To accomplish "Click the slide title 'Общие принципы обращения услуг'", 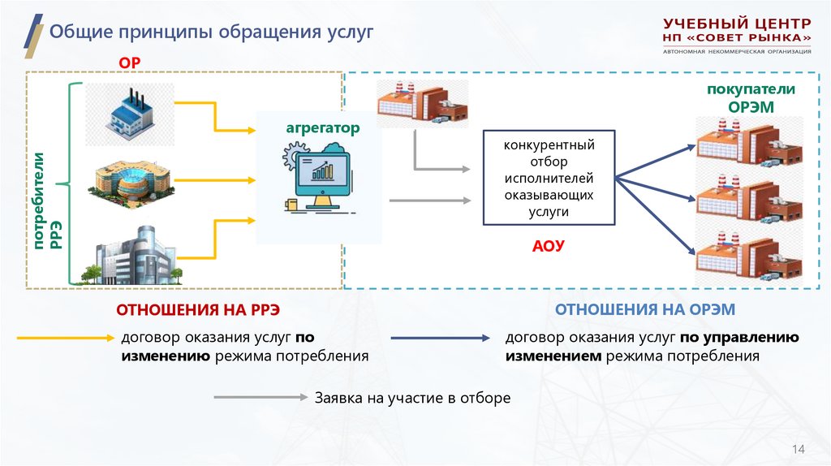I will click(211, 32).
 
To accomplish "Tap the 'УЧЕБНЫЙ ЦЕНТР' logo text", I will click(736, 24).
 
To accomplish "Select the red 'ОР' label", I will click(130, 62).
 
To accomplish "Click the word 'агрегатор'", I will click(321, 127).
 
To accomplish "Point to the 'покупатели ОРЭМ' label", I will click(750, 97).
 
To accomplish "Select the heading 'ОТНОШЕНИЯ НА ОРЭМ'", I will click(645, 309).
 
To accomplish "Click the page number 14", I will click(798, 450).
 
